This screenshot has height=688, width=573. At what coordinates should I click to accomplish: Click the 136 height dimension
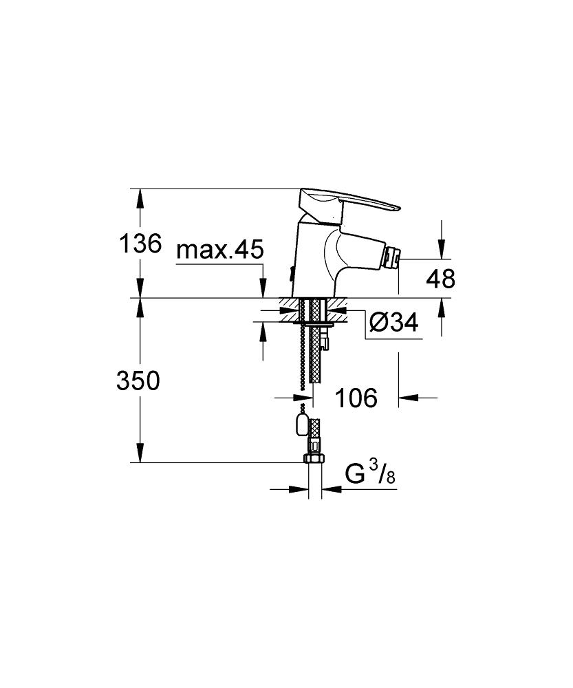tap(140, 244)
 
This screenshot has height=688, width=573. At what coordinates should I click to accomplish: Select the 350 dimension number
tap(138, 380)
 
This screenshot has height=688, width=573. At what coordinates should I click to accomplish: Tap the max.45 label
tap(220, 250)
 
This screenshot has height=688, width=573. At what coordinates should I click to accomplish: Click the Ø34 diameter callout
tap(393, 323)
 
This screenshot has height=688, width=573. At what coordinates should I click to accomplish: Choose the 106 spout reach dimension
tap(356, 398)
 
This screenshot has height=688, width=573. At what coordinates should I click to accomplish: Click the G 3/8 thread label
tap(370, 475)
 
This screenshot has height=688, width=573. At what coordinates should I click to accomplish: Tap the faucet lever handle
tap(347, 203)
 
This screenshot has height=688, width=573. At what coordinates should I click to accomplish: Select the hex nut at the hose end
tap(314, 458)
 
